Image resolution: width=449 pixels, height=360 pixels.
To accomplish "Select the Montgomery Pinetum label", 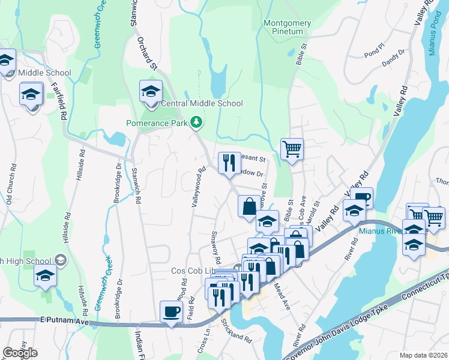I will coord(288,27).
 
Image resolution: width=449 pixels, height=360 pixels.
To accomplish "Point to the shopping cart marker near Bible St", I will coord(292,149).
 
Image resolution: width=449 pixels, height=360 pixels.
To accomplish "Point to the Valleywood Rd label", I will coord(196,187).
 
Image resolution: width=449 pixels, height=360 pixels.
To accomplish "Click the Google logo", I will coord(20,353).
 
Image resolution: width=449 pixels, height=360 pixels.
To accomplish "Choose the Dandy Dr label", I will coord(393,58).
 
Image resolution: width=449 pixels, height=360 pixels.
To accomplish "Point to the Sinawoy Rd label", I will coord(215,248).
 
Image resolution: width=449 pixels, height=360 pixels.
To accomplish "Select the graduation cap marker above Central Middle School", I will coord(151,91).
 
